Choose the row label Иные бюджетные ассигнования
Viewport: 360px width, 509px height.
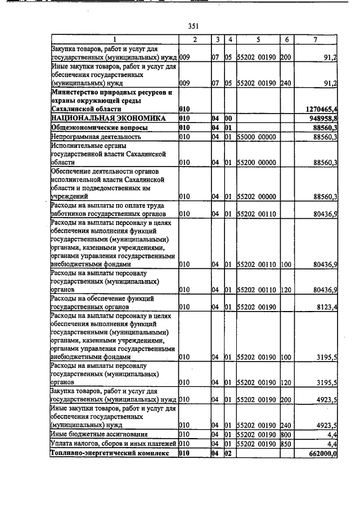tap(99, 434)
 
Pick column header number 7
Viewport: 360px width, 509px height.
tap(315, 39)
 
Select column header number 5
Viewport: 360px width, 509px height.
tap(258, 39)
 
